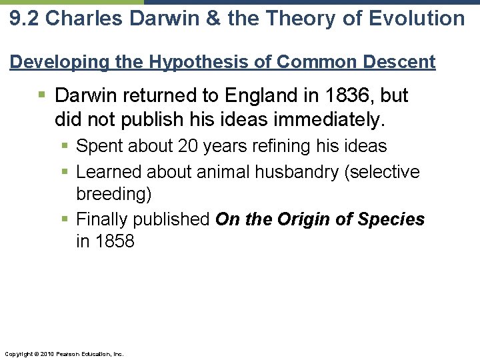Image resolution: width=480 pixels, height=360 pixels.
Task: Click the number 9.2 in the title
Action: click(23, 18)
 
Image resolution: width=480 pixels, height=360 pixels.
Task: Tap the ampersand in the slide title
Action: click(211, 18)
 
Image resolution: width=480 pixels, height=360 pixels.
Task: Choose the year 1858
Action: click(115, 241)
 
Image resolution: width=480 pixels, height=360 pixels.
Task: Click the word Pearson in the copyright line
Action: click(70, 353)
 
